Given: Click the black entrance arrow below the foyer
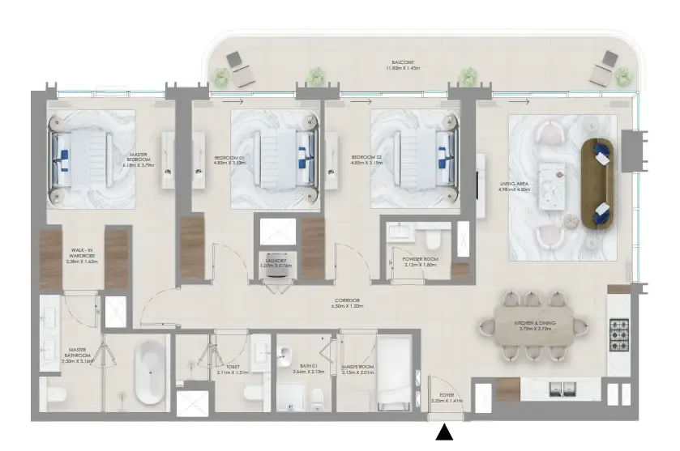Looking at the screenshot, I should coord(444,434).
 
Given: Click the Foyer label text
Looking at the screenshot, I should coord(447,398).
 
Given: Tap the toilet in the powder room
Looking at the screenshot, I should coord(432,239).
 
